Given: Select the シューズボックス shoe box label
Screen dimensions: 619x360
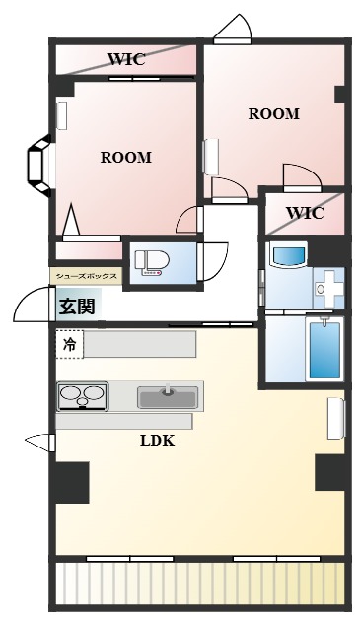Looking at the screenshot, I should [86, 276].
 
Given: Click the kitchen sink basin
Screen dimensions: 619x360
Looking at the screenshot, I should [167, 397].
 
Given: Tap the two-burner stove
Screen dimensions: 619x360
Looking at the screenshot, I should [82, 397].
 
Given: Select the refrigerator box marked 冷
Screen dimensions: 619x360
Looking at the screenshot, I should [69, 344].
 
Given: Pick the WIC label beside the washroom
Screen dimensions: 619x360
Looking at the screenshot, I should [305, 212].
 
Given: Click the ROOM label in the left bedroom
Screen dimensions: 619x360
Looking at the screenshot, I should [125, 157].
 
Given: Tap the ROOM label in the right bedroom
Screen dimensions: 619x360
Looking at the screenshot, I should [273, 113].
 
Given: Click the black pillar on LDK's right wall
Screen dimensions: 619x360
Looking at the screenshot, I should [329, 472].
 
